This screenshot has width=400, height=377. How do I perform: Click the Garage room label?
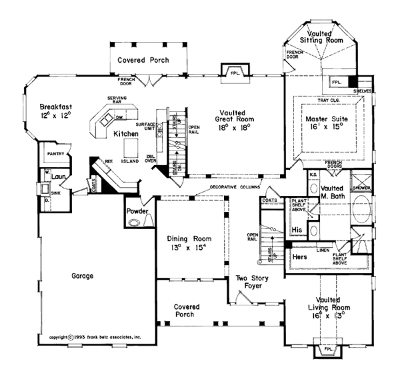(79, 275)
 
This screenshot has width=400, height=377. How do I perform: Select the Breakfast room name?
(55, 107)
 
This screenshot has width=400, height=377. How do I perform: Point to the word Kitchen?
(125, 134)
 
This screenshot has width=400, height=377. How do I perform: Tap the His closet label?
(298, 230)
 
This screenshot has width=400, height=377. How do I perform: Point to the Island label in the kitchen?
(130, 160)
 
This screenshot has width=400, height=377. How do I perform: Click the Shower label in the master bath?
(361, 188)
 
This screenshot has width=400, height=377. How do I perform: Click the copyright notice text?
(95, 338)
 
